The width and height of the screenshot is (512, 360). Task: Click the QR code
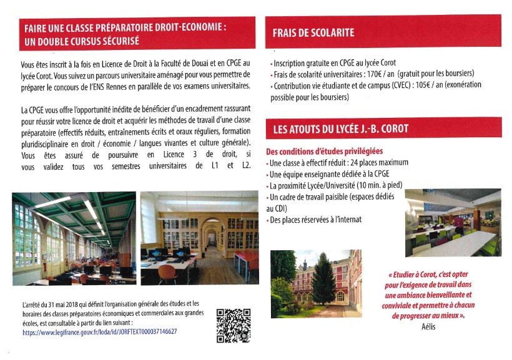(233, 325)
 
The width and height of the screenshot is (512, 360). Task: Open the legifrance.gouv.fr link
(99, 333)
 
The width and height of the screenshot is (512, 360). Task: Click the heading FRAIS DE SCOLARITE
(313, 32)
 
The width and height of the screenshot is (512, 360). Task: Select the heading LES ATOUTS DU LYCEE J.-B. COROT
(340, 129)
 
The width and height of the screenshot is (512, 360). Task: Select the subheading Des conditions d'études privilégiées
(324, 152)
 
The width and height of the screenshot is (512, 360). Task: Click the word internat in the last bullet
(348, 220)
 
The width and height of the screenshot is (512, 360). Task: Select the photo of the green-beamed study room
(74, 238)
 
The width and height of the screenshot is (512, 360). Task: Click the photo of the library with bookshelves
(199, 238)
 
